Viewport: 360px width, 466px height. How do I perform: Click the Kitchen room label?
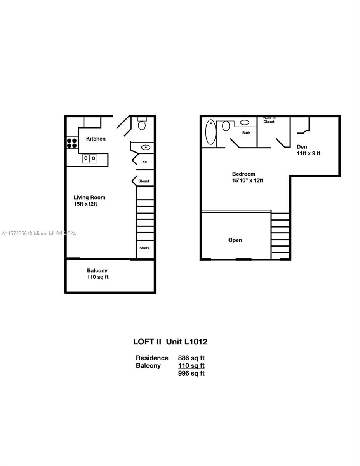coord(96,139)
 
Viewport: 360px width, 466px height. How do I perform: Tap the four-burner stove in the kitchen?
coord(72,143)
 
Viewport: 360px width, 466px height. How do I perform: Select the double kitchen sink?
coord(89,159)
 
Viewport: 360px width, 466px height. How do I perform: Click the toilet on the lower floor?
coord(142,123)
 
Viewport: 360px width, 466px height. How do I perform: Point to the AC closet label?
coord(144,162)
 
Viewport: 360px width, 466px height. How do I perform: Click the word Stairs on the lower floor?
coord(144,248)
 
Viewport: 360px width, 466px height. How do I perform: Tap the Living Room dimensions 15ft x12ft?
coord(85,204)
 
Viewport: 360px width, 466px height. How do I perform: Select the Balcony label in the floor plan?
coord(97,270)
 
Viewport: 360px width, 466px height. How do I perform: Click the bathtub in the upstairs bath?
coord(211,132)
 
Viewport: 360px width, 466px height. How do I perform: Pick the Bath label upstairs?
coord(246,133)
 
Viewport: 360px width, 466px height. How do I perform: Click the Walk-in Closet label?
coord(269,120)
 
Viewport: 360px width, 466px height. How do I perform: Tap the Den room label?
coord(302,147)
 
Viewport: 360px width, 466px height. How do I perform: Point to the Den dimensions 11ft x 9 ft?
coord(308,153)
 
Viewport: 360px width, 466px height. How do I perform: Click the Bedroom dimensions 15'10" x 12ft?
coord(247,180)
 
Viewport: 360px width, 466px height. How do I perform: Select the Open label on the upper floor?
coord(235,240)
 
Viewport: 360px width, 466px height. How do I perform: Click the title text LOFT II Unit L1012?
coord(170,342)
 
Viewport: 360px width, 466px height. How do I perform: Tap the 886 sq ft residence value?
coord(191,358)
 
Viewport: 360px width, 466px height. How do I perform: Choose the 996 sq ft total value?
coord(191,373)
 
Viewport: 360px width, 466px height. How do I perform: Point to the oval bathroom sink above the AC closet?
coord(146,148)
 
